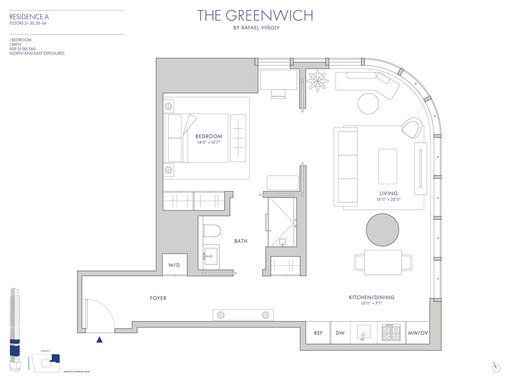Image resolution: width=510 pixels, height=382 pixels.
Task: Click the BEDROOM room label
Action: [209, 136]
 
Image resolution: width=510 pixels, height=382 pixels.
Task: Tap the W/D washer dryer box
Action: [174, 265]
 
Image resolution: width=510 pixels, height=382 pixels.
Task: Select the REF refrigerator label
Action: [318, 333]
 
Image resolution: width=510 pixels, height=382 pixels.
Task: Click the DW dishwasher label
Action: [340, 333]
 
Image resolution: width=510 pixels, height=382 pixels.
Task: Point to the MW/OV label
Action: [418, 333]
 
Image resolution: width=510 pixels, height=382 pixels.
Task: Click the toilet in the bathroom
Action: [212, 231]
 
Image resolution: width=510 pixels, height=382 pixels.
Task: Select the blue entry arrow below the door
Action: [99, 340]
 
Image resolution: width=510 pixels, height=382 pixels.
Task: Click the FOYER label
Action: [158, 298]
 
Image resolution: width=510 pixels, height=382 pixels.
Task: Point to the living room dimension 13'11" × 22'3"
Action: [388, 199]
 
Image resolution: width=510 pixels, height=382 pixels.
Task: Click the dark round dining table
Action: [382, 230]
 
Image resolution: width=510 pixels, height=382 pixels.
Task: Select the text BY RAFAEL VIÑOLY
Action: [256, 28]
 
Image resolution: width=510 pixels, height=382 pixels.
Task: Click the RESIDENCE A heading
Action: [29, 17]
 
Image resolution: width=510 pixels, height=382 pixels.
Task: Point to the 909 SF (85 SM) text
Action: [23, 49]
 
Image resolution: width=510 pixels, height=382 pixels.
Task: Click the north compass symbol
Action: [496, 368]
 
